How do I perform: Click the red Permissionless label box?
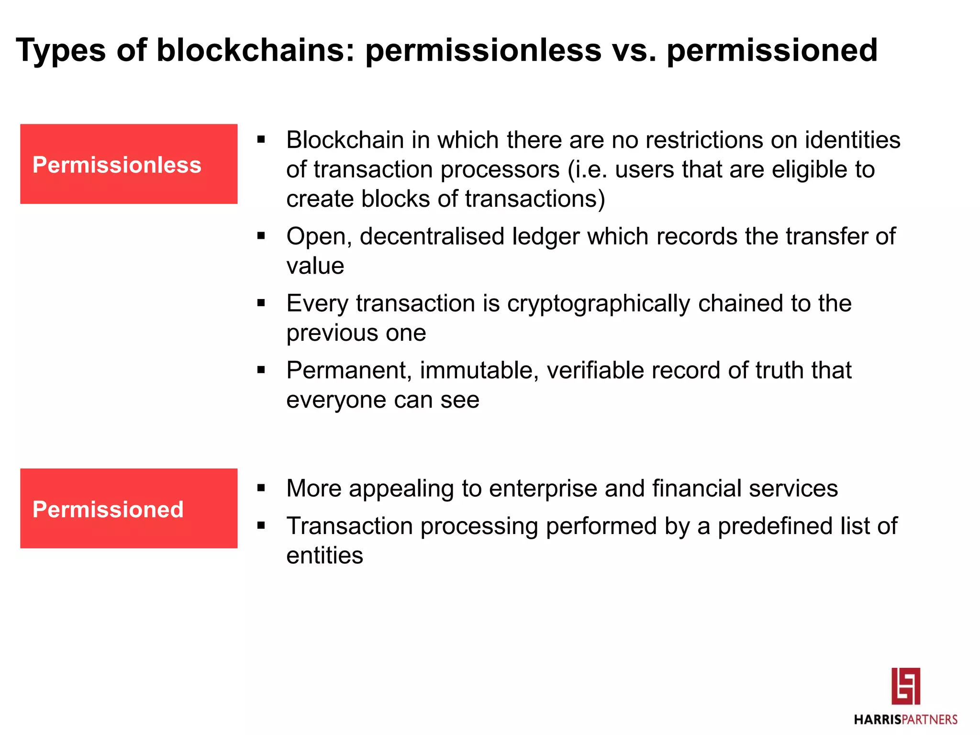(128, 164)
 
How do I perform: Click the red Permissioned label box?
(128, 508)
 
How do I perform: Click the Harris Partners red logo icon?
(905, 686)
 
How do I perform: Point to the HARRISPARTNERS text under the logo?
(905, 720)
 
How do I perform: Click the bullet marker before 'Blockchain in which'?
(261, 140)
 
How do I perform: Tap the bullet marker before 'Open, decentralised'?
(261, 235)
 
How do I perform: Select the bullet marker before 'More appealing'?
(261, 488)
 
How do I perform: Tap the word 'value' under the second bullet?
(315, 266)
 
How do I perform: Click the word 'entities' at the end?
(324, 556)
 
